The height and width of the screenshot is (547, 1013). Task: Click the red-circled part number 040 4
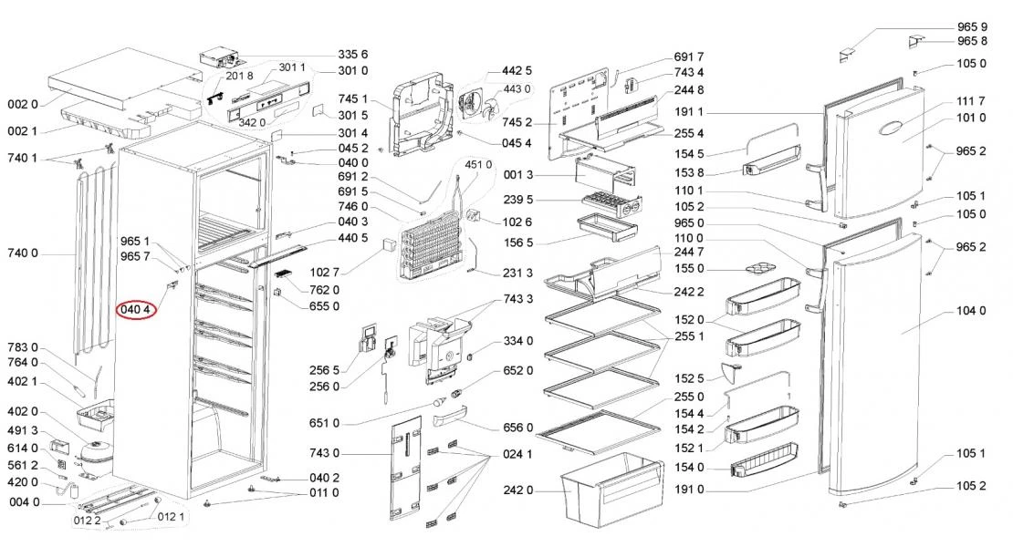[137, 309]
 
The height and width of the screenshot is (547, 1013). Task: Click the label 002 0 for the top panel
[23, 104]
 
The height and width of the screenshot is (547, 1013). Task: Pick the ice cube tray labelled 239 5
[609, 205]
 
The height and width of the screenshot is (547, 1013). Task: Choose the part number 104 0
[971, 311]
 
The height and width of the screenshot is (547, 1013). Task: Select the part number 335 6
[353, 55]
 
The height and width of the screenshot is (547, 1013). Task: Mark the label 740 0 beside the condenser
[23, 253]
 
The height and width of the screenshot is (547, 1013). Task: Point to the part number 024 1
[517, 453]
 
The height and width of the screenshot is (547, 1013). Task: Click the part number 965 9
[972, 27]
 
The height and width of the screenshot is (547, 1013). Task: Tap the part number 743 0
[324, 453]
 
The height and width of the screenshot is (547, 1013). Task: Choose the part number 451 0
[478, 164]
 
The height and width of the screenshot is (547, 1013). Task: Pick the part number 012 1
[172, 517]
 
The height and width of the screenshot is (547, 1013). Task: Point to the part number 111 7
[971, 100]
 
